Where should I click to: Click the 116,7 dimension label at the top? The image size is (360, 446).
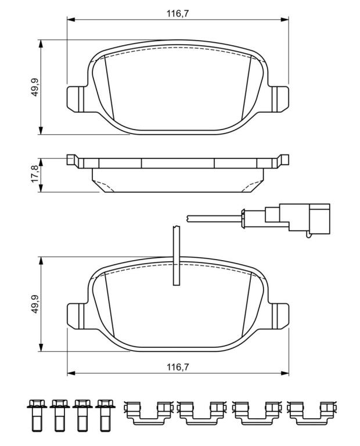pyautogui.click(x=178, y=13)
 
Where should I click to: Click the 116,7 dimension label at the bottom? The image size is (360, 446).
pyautogui.click(x=178, y=367)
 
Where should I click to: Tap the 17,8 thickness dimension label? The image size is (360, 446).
pyautogui.click(x=35, y=174)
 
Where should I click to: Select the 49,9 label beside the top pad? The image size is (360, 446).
pyautogui.click(x=35, y=87)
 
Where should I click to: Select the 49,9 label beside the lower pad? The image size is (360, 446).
pyautogui.click(x=35, y=304)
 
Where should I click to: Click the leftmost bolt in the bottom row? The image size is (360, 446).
pyautogui.click(x=37, y=415)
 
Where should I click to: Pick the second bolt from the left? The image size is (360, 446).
pyautogui.click(x=59, y=415)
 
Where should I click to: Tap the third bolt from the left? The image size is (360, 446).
pyautogui.click(x=82, y=415)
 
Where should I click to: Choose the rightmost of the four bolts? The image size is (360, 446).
pyautogui.click(x=105, y=415)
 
